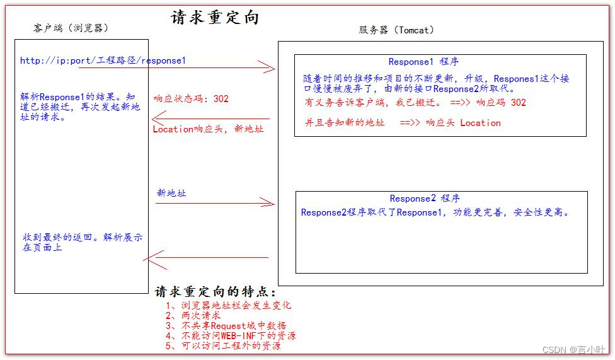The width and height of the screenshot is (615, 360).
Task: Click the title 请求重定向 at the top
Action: [215, 18]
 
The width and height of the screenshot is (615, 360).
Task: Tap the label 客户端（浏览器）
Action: [71, 28]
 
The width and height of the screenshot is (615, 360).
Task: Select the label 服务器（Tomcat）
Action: [396, 30]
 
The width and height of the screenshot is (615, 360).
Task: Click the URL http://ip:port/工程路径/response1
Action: [103, 61]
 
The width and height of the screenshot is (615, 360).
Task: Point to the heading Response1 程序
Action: [423, 62]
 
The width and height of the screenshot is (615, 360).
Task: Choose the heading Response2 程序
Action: [425, 199]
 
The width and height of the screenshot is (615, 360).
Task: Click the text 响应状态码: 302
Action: [191, 98]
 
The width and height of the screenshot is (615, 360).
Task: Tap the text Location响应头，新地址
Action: [208, 129]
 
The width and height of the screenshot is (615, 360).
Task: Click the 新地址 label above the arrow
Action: [171, 193]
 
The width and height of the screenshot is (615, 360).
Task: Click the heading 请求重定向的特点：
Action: [215, 292]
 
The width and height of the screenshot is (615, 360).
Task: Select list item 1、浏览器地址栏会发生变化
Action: [228, 305]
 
